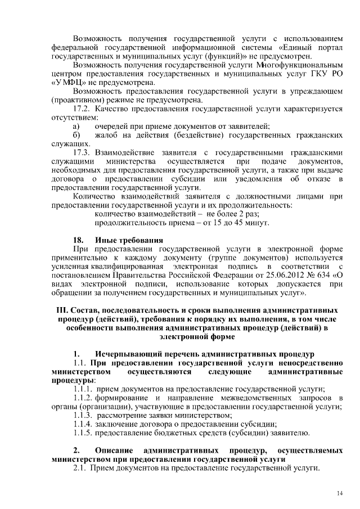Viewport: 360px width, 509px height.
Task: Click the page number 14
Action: coord(340,493)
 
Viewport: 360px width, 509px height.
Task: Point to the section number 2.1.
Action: coord(80,469)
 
